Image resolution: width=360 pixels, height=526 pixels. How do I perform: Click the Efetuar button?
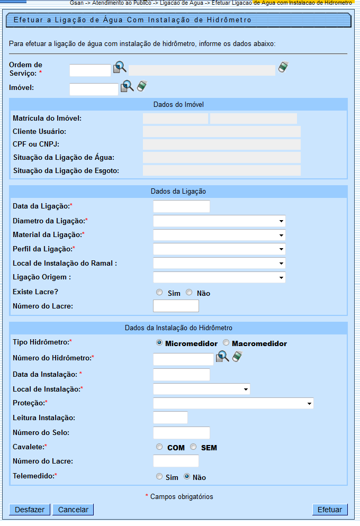[330, 510]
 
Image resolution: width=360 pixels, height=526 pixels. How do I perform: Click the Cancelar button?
[73, 510]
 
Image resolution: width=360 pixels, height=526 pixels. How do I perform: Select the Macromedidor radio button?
[226, 343]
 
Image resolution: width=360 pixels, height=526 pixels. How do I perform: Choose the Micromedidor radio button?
[159, 343]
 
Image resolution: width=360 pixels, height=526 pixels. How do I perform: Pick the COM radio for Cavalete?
[159, 447]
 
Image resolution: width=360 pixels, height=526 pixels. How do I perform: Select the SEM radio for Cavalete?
[193, 447]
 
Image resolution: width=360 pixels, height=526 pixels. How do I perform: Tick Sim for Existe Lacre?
[159, 293]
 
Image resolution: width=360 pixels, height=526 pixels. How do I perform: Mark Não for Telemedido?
[187, 477]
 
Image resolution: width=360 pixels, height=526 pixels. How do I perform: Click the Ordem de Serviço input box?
[90, 70]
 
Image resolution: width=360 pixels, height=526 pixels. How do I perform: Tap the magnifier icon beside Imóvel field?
[127, 86]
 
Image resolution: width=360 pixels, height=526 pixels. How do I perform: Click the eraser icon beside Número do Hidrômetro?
[238, 357]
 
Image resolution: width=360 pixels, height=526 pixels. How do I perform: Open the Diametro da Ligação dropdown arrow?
[280, 221]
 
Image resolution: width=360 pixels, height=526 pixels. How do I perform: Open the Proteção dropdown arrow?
[309, 404]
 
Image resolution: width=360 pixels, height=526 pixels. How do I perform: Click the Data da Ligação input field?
[181, 206]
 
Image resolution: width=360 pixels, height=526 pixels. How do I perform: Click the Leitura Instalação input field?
[170, 418]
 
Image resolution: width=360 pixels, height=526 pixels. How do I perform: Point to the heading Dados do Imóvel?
[178, 105]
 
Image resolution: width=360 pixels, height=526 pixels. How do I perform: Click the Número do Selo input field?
[181, 433]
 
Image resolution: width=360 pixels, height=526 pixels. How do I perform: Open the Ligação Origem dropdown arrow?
[280, 277]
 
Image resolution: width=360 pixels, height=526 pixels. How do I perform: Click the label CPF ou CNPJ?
[35, 144]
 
